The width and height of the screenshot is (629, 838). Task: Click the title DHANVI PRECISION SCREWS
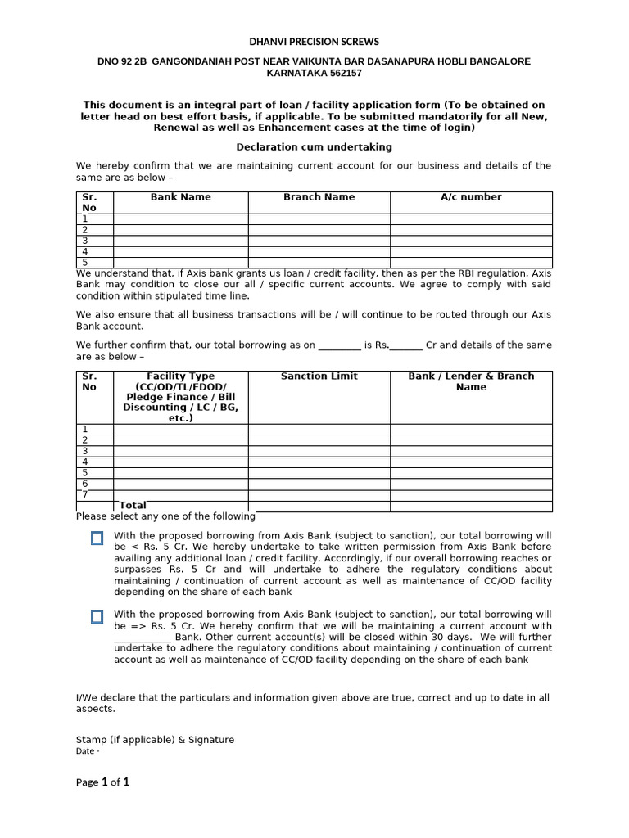(314, 42)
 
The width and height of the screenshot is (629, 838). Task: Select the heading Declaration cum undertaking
(314, 147)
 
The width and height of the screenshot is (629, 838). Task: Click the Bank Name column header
(180, 197)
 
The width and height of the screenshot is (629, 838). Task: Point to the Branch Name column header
(319, 197)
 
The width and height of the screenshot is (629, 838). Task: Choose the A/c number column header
(471, 197)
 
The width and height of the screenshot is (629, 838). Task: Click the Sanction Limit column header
(319, 376)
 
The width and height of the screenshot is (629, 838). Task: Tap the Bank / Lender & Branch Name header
(471, 381)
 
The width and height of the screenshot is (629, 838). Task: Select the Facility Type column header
(180, 397)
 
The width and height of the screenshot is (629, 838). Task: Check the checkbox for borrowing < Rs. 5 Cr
(97, 538)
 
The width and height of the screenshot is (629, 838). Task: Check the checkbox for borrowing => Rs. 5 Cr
(97, 616)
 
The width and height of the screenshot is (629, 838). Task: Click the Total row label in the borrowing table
(133, 506)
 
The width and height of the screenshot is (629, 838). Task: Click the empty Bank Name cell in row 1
(180, 219)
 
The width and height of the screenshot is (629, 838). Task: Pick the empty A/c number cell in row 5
(471, 262)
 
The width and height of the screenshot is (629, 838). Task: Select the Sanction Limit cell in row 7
(319, 494)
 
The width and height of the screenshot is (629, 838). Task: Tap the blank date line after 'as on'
(339, 346)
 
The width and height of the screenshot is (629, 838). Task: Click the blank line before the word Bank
(143, 638)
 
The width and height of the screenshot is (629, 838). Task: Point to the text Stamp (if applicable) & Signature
(155, 740)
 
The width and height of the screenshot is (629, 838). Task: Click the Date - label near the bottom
(88, 751)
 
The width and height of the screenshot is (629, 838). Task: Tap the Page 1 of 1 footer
(102, 782)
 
